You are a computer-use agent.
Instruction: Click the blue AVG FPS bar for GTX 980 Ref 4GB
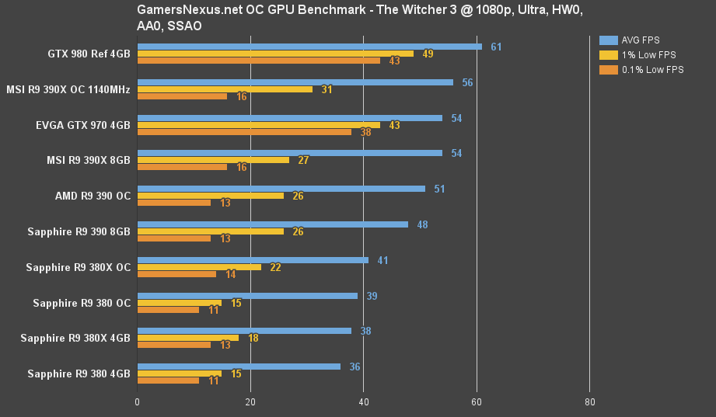[x=309, y=47]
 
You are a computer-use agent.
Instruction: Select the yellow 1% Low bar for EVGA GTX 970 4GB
[x=258, y=125]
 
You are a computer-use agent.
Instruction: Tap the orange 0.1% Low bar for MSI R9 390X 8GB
[x=182, y=167]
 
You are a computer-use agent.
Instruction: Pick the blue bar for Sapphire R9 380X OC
[x=253, y=260]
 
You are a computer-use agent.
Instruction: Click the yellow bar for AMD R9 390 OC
[x=210, y=196]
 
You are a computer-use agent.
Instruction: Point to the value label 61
[x=496, y=47]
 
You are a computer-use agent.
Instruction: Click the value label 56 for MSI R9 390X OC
[x=467, y=82]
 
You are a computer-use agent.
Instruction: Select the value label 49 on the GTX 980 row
[x=428, y=54]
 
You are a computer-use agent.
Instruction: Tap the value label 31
[x=327, y=89]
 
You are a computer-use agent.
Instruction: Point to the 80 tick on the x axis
[x=589, y=402]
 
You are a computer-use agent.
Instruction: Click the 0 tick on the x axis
[x=138, y=402]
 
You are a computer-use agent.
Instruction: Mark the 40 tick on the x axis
[x=363, y=402]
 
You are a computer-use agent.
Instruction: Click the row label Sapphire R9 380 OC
[x=81, y=303]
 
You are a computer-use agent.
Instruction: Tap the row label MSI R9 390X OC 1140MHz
[x=68, y=89]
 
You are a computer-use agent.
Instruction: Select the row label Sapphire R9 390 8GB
[x=79, y=231]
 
